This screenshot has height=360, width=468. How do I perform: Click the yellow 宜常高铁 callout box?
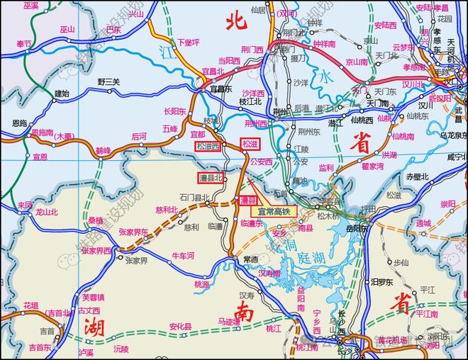click(274, 210)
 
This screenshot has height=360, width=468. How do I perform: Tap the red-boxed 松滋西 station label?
click(208, 146)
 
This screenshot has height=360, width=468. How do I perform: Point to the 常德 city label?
click(250, 259)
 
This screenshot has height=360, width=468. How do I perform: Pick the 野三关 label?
click(108, 81)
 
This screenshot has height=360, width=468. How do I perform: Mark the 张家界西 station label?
click(96, 250)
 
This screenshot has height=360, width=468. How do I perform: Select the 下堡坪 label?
click(188, 43)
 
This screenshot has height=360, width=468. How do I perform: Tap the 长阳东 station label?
click(174, 111)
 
